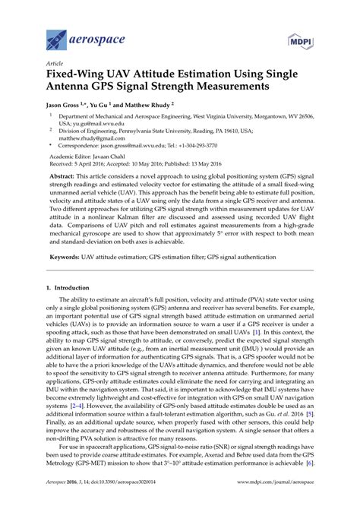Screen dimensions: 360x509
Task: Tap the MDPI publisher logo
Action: [x=301, y=39]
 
